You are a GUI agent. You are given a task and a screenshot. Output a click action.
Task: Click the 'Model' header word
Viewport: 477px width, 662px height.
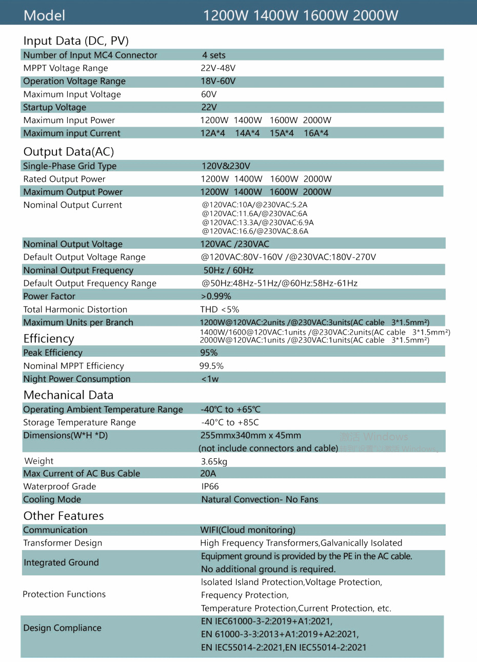(44, 15)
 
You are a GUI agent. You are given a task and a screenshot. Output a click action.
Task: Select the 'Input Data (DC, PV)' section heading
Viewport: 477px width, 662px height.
(76, 41)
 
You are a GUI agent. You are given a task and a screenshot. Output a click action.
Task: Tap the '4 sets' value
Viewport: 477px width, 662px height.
(213, 55)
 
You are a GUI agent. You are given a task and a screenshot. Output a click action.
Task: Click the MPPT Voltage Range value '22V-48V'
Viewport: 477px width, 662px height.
(218, 68)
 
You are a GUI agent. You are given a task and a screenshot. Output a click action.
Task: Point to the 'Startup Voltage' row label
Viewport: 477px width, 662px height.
(54, 107)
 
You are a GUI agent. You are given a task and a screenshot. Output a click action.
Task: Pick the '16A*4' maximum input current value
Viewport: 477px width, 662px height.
(316, 133)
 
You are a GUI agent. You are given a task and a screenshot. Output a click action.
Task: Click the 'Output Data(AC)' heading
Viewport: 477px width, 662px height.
(69, 152)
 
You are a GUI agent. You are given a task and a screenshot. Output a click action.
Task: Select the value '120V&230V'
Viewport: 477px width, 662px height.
(226, 166)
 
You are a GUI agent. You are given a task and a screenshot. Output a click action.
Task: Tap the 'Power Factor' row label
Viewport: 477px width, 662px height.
(49, 296)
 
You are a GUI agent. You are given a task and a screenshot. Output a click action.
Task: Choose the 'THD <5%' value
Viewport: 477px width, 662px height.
(220, 309)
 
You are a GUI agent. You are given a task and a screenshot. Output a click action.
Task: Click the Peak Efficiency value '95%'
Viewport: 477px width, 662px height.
(209, 353)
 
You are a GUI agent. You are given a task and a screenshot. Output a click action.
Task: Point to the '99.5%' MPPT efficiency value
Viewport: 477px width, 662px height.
(211, 366)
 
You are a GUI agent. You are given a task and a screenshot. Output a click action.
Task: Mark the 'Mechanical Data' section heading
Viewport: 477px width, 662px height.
(68, 395)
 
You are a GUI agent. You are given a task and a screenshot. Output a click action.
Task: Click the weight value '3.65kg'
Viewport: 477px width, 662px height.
(214, 461)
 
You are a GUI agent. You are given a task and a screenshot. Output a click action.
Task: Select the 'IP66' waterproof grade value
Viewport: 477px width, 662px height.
(210, 486)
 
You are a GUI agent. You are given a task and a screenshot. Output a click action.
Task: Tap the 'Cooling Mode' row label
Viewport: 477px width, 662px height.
(52, 499)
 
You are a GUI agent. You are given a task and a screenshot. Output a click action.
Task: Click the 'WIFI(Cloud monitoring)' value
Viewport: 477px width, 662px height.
(248, 530)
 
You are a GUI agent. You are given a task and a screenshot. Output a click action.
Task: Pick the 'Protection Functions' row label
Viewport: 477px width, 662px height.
(64, 594)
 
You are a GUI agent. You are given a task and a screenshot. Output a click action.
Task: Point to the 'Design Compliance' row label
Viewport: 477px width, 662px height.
(62, 628)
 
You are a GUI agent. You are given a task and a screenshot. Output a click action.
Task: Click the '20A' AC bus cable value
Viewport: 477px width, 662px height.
(208, 474)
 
